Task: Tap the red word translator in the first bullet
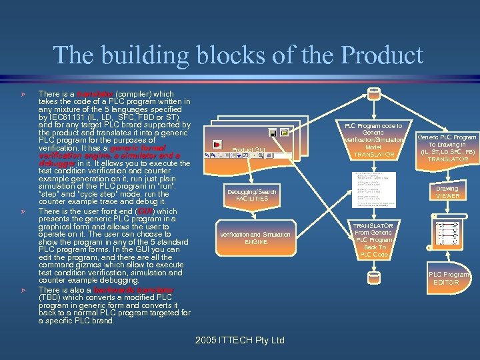click(94, 95)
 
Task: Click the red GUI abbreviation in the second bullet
click(145, 211)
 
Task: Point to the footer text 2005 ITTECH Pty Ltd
click(240, 340)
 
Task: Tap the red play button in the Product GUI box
click(217, 144)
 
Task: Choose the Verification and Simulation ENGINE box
click(255, 238)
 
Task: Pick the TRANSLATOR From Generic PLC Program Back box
click(373, 240)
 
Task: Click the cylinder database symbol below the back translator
click(373, 275)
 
